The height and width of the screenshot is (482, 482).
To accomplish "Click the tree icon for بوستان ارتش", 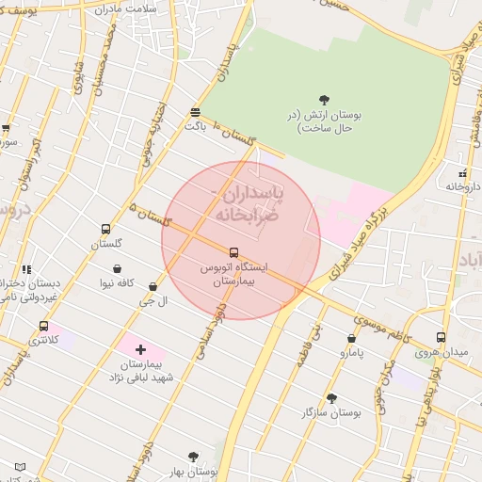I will [x=324, y=100].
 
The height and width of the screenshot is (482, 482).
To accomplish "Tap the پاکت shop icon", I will [x=195, y=110].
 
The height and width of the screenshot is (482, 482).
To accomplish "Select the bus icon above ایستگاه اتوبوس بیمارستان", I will [x=233, y=252].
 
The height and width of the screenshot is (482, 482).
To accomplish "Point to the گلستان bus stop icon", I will [x=105, y=229].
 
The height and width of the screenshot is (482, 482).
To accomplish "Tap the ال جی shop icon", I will [x=153, y=286].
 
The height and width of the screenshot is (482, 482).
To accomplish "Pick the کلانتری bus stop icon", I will [x=43, y=326].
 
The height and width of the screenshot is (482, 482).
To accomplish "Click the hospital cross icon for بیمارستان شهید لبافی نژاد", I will [x=141, y=349].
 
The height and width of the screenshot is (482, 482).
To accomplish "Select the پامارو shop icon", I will [x=351, y=339].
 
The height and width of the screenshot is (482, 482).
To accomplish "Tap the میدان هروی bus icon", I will [x=441, y=338].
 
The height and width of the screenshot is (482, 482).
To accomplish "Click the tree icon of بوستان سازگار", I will [x=330, y=398].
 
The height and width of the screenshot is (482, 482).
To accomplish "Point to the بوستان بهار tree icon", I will [x=193, y=457].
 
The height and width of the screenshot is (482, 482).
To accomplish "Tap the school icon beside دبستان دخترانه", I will [x=26, y=269].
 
